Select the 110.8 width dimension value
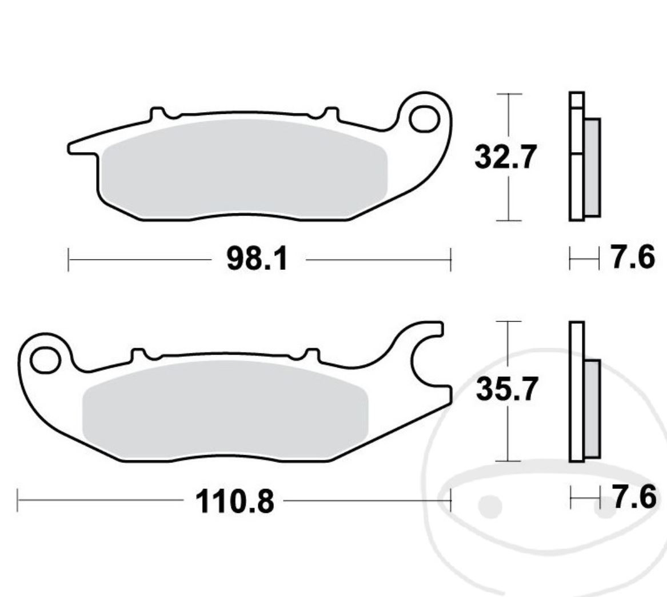coord(234,502)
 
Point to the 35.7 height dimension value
coord(506,390)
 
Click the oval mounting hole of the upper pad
coord(424,119)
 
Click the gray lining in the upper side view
coord(592,167)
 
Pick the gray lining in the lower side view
coord(592,408)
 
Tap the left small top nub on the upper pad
coord(158,113)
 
